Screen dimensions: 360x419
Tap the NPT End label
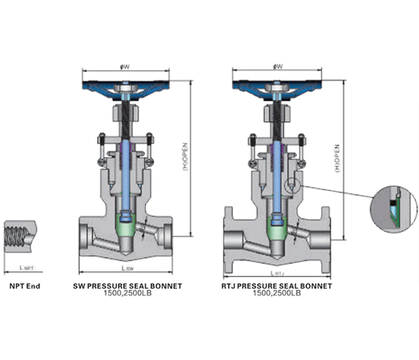coord(23,285)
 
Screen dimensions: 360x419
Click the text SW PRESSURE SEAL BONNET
coord(127,285)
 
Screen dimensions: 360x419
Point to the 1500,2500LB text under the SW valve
coord(127,294)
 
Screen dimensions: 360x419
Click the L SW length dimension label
coord(127,270)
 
